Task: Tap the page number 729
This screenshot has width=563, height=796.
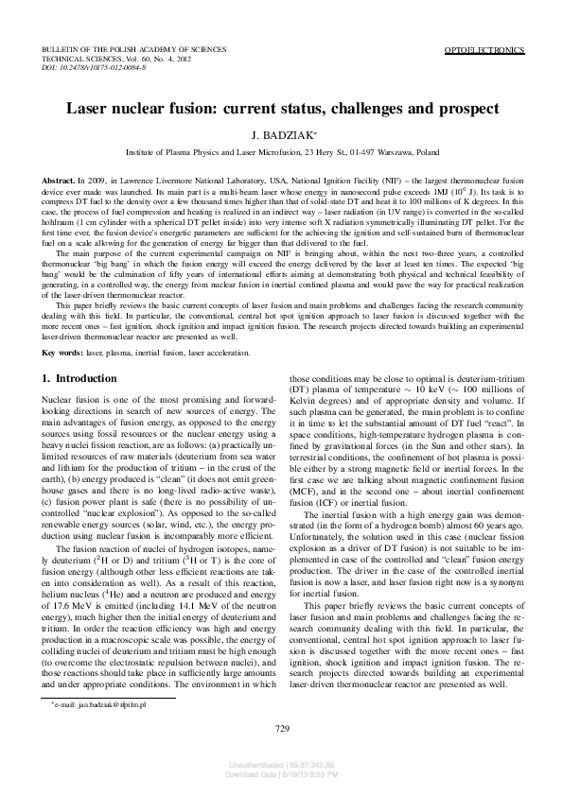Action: pyautogui.click(x=281, y=728)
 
